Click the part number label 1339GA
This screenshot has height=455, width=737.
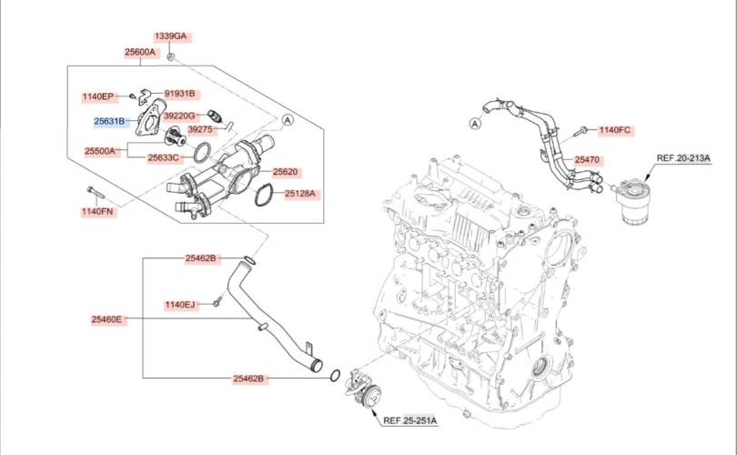click(x=170, y=36)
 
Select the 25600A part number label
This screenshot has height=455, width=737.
click(x=140, y=53)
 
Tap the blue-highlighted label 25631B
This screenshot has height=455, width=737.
click(x=110, y=120)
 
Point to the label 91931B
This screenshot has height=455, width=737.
click(x=179, y=94)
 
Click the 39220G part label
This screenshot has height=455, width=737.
click(x=178, y=116)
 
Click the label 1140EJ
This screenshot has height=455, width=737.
click(x=180, y=304)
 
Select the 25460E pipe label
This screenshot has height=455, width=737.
click(x=107, y=319)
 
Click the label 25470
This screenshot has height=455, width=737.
click(x=587, y=160)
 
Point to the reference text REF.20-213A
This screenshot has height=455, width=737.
click(x=683, y=158)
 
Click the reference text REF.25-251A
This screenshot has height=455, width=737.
click(x=409, y=420)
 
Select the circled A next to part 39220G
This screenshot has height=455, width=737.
click(x=288, y=119)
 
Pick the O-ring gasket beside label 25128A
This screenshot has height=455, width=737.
click(x=265, y=194)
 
